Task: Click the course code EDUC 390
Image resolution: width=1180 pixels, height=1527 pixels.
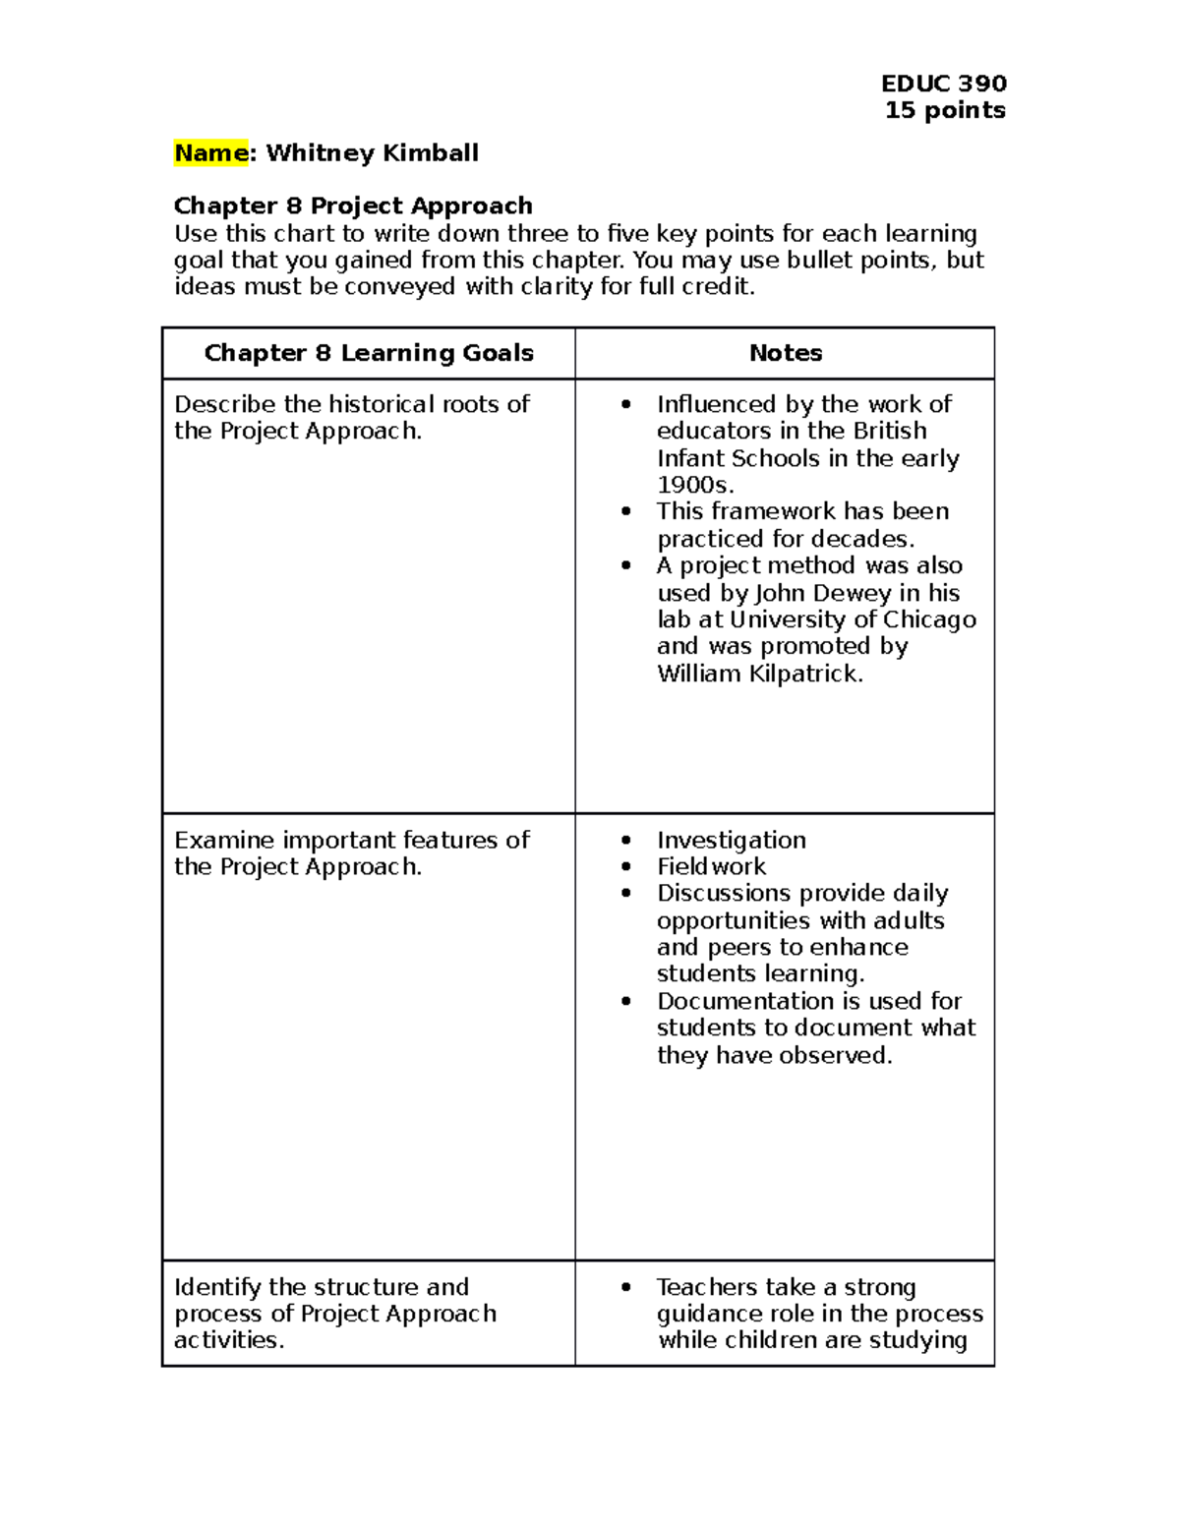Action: [943, 84]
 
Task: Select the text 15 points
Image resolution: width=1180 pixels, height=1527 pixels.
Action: [944, 110]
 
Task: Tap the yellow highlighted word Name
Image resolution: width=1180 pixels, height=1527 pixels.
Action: [210, 153]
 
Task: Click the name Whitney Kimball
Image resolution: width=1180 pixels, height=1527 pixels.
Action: [372, 153]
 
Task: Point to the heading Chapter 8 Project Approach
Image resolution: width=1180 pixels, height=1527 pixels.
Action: [353, 206]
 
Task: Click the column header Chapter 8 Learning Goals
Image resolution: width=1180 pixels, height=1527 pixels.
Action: [369, 353]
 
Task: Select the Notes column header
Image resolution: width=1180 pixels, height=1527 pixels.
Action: [785, 353]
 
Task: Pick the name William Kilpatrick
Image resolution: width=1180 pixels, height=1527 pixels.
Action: [759, 674]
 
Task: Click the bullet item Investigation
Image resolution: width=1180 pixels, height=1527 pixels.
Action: [731, 840]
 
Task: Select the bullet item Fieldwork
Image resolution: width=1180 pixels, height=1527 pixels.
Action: [711, 866]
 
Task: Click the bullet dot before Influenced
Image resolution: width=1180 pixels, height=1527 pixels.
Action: [626, 405]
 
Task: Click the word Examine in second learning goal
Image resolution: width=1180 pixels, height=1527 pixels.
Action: [224, 840]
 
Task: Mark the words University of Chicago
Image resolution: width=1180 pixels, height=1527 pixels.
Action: [853, 619]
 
